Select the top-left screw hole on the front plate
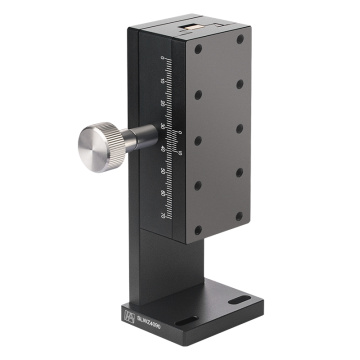198,48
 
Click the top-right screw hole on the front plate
240,38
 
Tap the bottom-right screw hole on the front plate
240,214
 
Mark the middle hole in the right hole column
240,127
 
